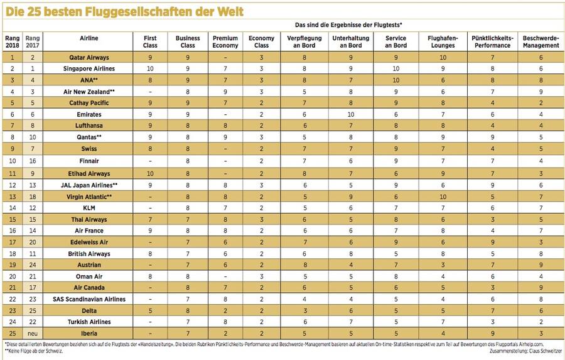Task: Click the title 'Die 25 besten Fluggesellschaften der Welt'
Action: click(124, 12)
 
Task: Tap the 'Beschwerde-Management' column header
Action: click(541, 41)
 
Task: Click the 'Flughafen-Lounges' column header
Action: click(443, 41)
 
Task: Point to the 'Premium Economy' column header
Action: click(225, 41)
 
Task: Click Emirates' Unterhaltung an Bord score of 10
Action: click(351, 114)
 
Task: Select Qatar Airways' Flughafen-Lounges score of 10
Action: click(443, 57)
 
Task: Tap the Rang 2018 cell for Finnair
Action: click(12, 161)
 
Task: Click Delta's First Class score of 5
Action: click(151, 310)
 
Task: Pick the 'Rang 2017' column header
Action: click(31, 41)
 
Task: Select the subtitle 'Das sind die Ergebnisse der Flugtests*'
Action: click(348, 25)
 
